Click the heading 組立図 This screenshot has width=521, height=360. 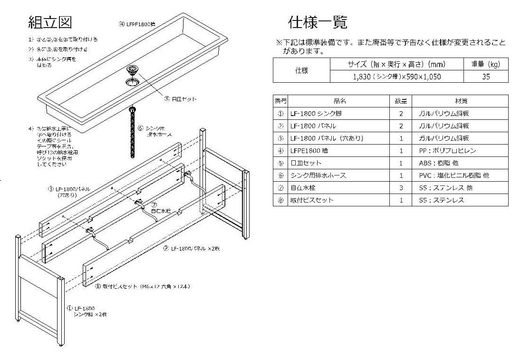pos(50,22)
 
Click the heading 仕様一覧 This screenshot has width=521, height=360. pos(318,22)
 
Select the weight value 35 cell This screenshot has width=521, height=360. pos(485,77)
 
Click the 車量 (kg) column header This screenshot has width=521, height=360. pos(485,64)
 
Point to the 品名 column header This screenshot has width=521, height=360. pos(339,101)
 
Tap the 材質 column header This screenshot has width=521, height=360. pos(459,101)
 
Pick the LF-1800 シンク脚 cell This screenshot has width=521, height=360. pos(316,114)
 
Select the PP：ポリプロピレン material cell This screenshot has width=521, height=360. pos(447,151)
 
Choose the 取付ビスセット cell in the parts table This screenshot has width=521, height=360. pos(312,200)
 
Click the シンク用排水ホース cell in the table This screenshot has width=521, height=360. pos(318,175)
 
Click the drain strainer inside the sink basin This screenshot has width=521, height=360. pos(132,71)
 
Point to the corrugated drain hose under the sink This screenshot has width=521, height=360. pos(132,133)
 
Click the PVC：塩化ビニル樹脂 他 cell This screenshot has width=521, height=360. pos(453,175)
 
